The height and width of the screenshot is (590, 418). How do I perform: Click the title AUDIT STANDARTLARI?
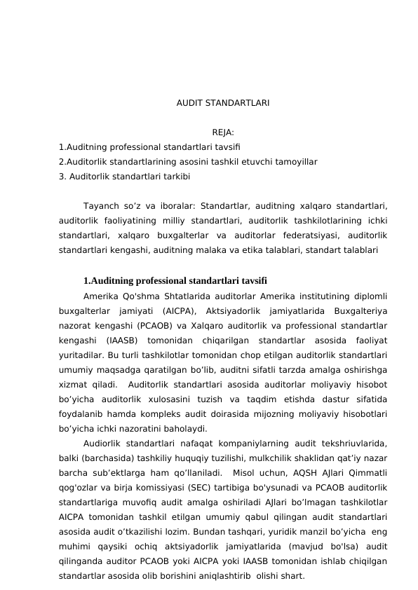[x=223, y=103]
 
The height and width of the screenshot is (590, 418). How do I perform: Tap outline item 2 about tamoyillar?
[x=188, y=162]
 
